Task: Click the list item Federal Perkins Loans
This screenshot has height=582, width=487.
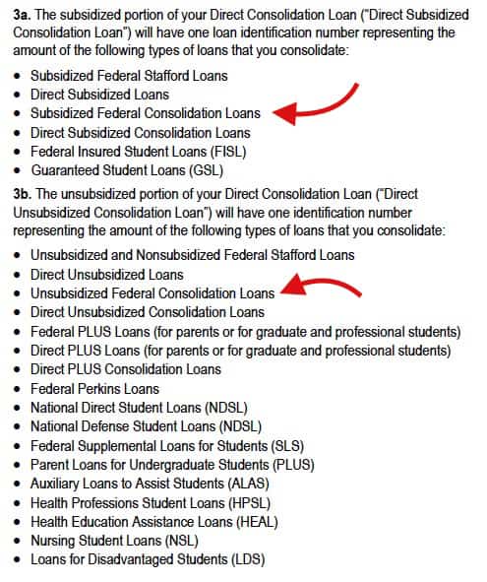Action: (x=94, y=388)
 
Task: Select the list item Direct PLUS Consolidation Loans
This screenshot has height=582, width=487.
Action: (x=126, y=369)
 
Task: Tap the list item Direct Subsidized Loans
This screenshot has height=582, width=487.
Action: (x=99, y=95)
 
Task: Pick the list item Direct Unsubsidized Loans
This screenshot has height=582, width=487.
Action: (x=107, y=274)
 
